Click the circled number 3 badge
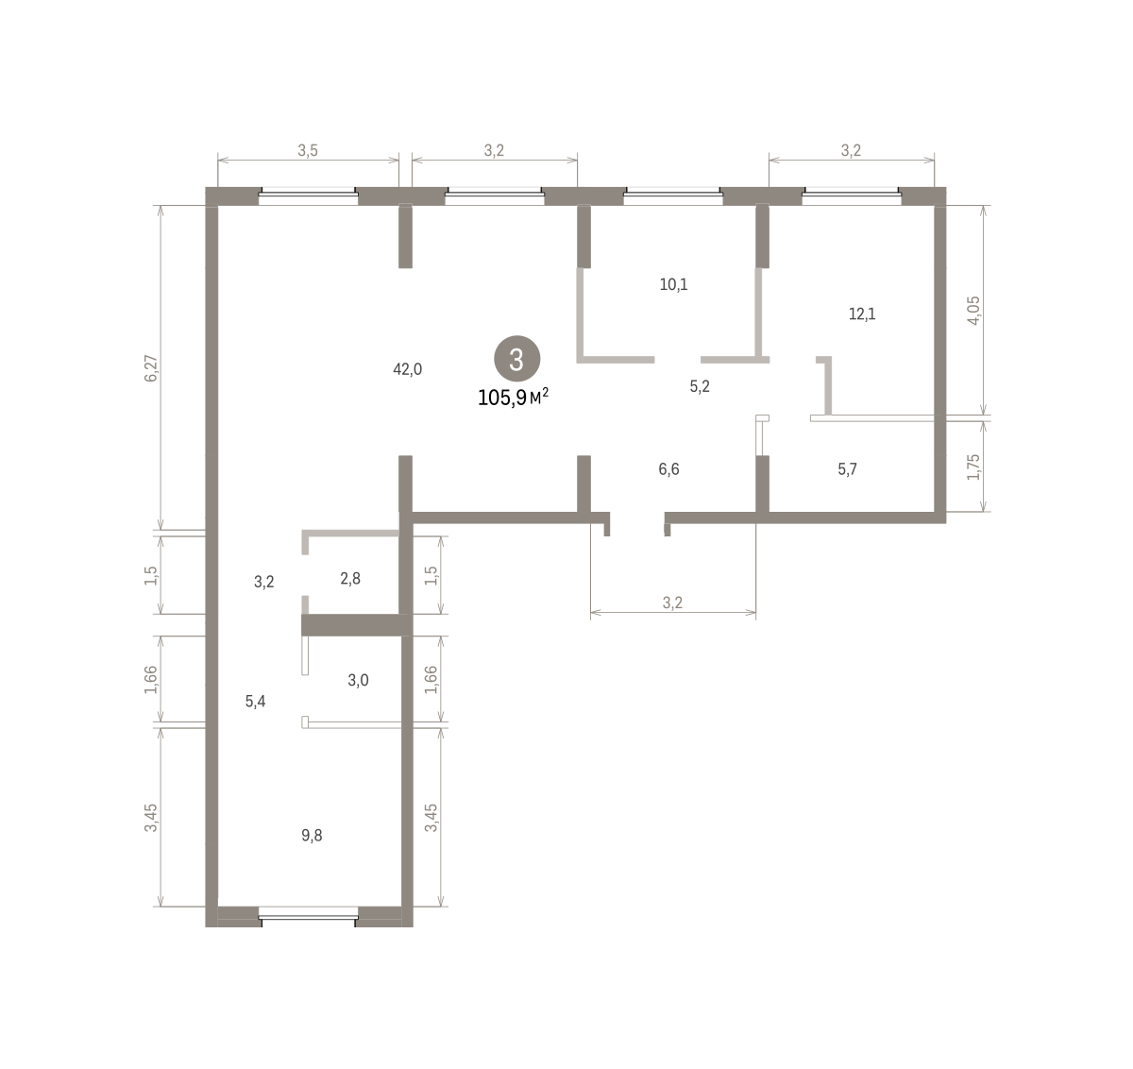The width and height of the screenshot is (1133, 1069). click(516, 359)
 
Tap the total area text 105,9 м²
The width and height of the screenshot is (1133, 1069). click(513, 397)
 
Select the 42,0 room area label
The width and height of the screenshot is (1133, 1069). click(407, 369)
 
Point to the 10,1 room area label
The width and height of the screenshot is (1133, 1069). click(674, 284)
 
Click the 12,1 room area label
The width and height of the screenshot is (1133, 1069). click(862, 314)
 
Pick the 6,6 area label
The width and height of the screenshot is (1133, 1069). click(668, 469)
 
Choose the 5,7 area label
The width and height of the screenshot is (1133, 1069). click(847, 469)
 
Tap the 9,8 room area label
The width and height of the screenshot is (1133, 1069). click(312, 836)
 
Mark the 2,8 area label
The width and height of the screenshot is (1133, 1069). click(350, 579)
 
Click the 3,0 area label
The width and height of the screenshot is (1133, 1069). click(358, 680)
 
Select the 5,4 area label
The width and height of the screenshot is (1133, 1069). click(255, 702)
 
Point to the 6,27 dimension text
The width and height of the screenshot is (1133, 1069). click(151, 368)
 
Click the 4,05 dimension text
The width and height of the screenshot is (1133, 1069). click(973, 311)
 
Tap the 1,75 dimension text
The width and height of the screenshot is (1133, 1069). click(973, 467)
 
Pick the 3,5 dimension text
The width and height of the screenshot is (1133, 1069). click(308, 151)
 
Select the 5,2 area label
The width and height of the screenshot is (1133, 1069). click(700, 386)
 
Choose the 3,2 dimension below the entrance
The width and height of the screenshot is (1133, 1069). click(672, 602)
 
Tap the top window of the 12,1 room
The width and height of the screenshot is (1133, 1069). click(852, 196)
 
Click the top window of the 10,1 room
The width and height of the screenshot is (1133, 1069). click(673, 196)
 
